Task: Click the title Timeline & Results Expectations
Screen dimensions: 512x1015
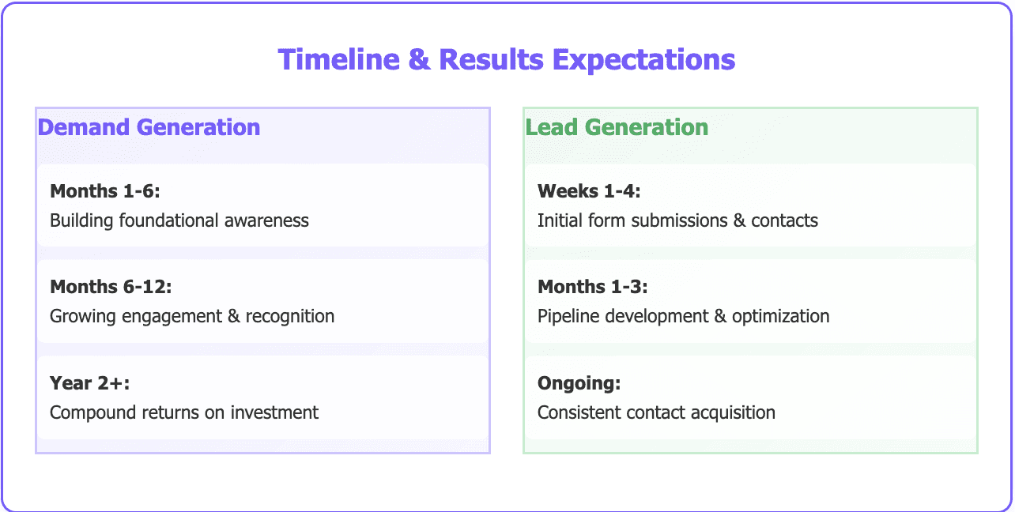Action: pos(507,60)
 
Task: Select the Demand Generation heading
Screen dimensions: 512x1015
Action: pos(149,127)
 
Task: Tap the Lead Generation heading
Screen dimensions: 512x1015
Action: pos(617,127)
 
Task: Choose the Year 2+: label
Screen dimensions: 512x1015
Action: pos(89,383)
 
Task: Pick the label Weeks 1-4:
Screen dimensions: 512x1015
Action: pos(589,191)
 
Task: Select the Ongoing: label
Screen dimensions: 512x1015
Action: pos(579,383)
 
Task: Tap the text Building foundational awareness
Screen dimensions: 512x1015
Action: pos(179,220)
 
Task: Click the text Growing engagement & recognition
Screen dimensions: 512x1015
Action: pos(192,316)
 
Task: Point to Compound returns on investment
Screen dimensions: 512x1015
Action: pos(184,412)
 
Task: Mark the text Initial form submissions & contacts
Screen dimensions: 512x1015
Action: pos(677,220)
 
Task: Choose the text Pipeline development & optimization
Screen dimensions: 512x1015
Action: pos(683,316)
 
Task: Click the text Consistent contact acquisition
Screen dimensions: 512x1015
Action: pos(656,412)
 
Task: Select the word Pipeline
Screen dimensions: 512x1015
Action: pos(567,316)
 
